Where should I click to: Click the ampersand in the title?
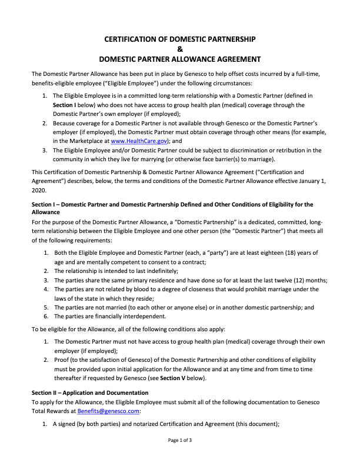coord(180,49)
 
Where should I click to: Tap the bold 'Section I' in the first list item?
coord(66,105)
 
